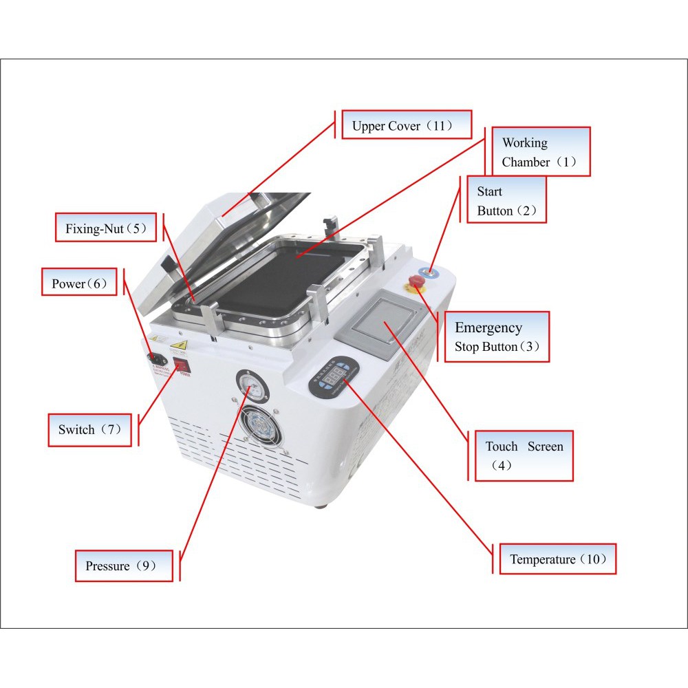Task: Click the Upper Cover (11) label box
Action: point(407,125)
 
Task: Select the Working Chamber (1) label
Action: point(541,152)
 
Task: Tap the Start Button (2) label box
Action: point(507,200)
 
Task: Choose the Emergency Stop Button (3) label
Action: point(497,337)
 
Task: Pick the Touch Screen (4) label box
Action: point(524,456)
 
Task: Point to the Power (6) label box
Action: point(79,282)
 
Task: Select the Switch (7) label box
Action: point(90,430)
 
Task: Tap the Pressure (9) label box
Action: point(124,566)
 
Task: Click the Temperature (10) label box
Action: point(558,559)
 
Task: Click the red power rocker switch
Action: point(181,365)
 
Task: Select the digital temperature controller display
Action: point(334,376)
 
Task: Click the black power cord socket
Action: point(157,359)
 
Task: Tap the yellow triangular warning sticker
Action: point(180,345)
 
